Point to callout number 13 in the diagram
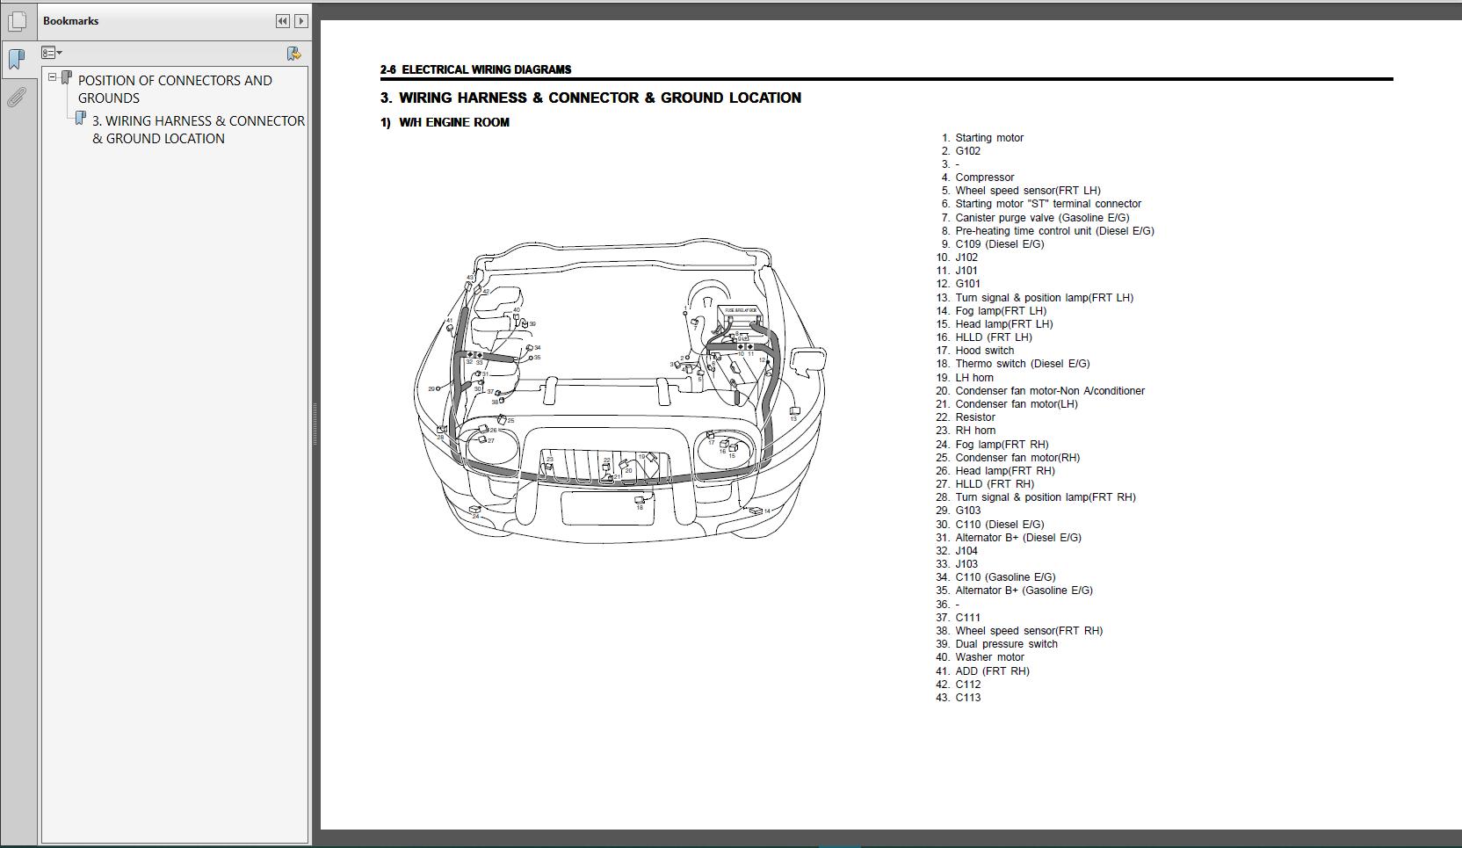793,418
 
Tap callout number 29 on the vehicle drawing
431,388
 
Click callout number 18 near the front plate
640,507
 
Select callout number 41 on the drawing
449,321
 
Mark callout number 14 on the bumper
767,511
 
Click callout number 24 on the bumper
476,516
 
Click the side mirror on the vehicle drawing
808,360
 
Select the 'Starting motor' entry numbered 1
988,138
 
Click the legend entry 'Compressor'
984,178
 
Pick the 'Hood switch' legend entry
984,351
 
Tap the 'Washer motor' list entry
989,657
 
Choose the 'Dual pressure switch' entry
1006,644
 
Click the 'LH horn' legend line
974,378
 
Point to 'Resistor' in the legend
975,417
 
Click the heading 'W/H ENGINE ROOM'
453,122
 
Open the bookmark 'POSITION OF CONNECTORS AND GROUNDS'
175,89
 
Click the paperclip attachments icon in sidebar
16,98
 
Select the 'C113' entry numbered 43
967,698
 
